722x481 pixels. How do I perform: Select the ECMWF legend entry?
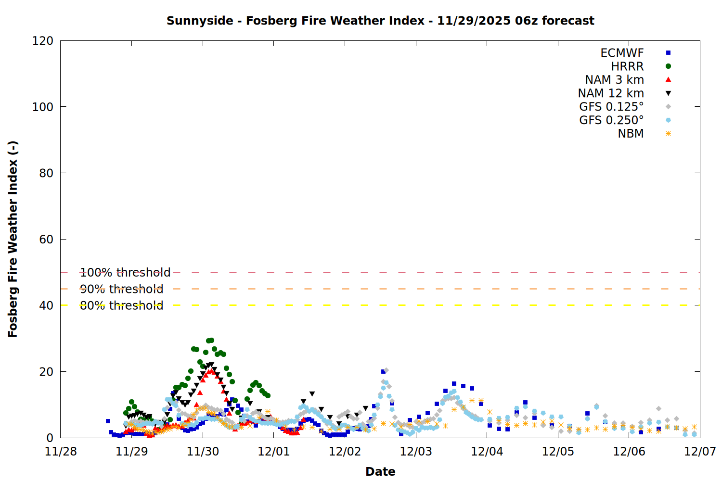622,53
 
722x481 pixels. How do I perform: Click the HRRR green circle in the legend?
668,66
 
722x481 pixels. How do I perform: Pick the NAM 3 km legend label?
614,80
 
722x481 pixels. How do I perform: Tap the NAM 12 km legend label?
611,93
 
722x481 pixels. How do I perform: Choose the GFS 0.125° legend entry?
611,107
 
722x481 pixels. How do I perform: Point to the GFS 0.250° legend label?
611,120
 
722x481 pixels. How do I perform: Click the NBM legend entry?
631,134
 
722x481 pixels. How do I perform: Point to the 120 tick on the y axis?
43,41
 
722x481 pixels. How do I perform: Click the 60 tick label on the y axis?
46,240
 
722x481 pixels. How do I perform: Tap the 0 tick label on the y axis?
50,438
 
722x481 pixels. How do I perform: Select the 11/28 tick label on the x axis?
61,452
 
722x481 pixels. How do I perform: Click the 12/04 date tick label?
487,452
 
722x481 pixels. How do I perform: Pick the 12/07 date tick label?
700,452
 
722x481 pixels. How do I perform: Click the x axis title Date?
380,471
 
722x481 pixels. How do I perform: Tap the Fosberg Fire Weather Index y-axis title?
13,239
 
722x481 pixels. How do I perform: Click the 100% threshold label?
125,273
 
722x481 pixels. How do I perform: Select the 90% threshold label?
121,289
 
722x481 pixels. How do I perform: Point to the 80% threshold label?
121,305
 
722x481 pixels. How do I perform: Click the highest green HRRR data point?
211,340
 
